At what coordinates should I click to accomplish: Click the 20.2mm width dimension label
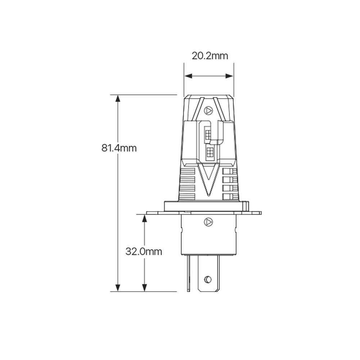[210, 56]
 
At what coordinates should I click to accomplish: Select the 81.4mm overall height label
[119, 148]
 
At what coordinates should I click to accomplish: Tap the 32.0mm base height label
[144, 251]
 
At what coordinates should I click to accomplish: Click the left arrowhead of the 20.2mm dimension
[187, 76]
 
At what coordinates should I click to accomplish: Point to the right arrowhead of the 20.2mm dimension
[230, 76]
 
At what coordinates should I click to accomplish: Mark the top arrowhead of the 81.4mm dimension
[118, 98]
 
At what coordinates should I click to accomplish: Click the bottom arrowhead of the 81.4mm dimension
[118, 288]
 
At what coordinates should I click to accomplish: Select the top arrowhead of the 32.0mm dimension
[144, 218]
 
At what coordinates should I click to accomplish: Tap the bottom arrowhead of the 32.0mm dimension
[144, 288]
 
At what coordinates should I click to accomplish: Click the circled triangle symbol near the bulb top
[208, 111]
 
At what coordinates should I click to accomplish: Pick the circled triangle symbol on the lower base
[208, 222]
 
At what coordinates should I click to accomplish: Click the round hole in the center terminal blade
[208, 279]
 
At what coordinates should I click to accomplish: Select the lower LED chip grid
[210, 153]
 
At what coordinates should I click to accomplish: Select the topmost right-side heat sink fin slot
[230, 171]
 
